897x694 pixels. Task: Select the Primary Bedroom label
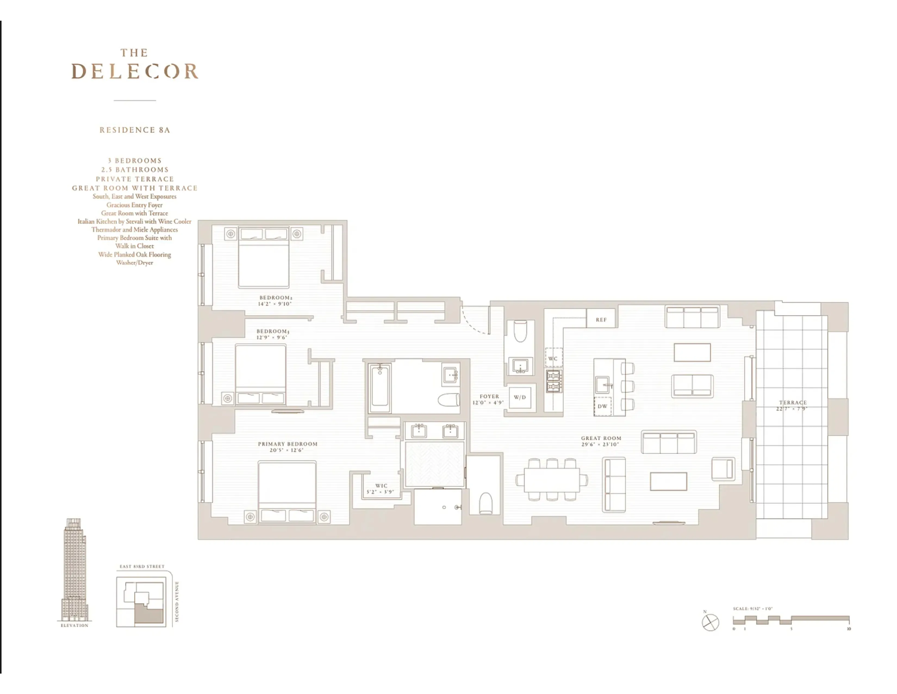point(288,444)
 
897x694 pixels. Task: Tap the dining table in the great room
point(552,480)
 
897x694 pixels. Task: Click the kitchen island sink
point(603,385)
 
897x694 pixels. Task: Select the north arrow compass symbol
point(710,622)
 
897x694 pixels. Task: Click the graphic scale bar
point(791,620)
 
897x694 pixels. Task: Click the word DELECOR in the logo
point(135,72)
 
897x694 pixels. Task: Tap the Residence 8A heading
point(135,130)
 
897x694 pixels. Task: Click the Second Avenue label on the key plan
point(177,601)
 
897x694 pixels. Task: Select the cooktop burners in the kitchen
point(553,381)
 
